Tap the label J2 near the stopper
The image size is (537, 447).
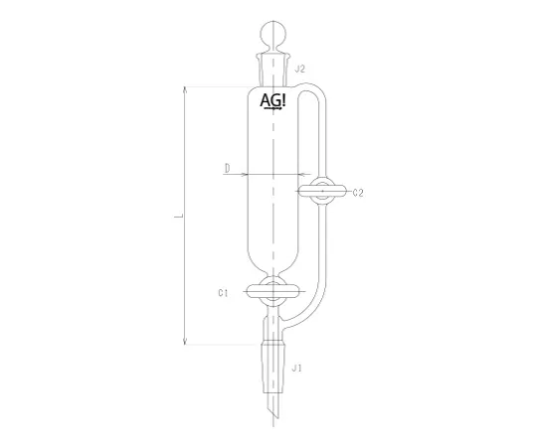pos(299,68)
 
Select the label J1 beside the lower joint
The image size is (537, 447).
pos(295,369)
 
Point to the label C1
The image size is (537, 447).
pos(224,293)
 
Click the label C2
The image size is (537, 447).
pos(358,193)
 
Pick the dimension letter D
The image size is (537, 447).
pos(227,170)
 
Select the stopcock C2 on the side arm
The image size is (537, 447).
pos(322,192)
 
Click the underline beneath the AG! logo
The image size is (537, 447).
pos(270,111)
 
